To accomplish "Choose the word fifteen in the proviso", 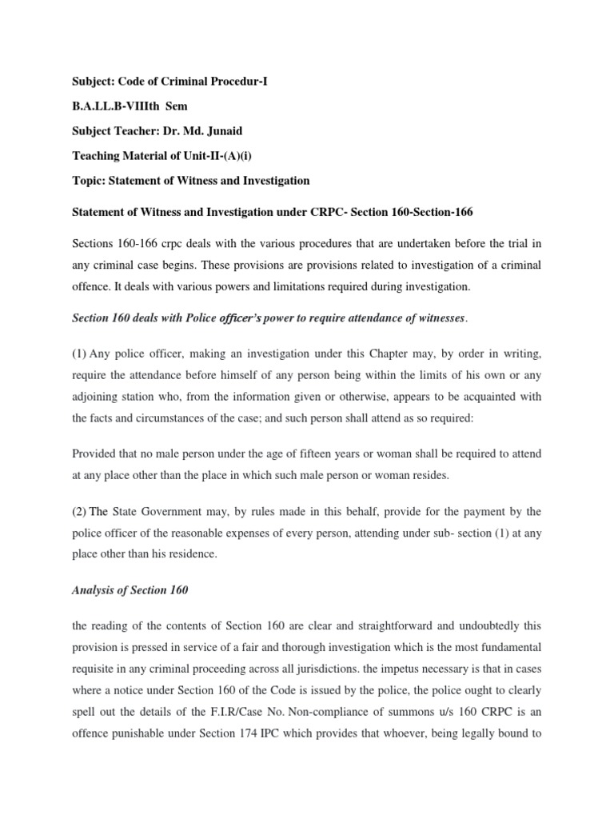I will tap(307, 453).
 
